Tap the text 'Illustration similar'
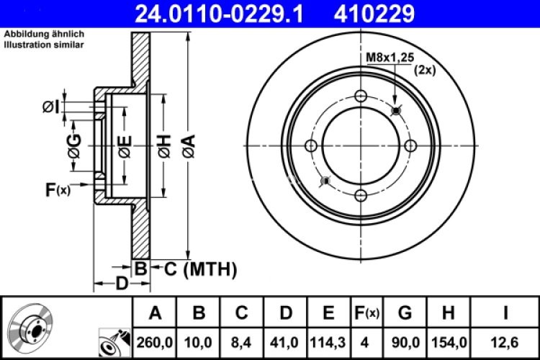44,45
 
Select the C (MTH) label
201,270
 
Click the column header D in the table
285,312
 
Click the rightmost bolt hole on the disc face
410,146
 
